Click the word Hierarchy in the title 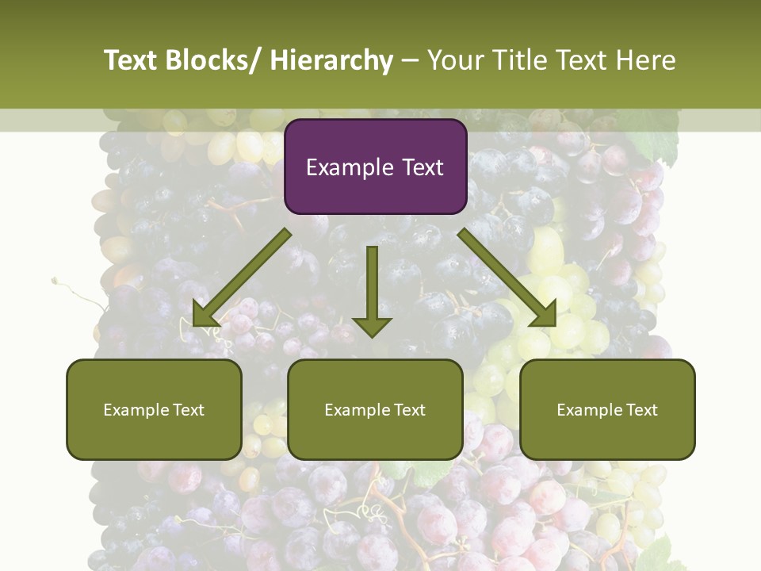(331, 60)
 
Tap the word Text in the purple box (423, 167)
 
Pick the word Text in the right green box (642, 410)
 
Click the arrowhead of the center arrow (372, 326)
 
